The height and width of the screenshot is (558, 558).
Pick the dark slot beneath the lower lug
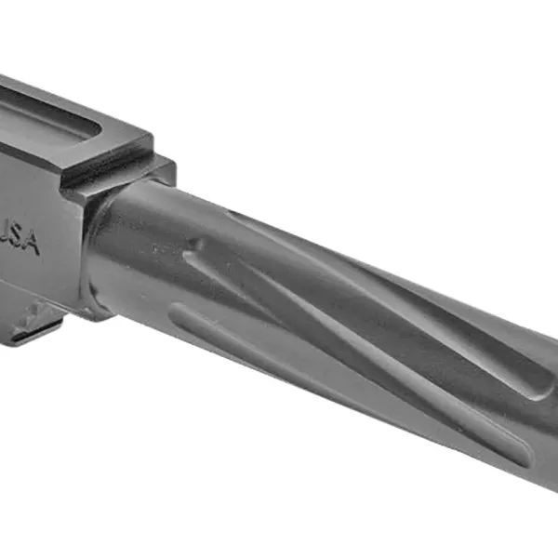[x=37, y=328]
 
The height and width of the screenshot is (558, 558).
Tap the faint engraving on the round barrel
[x=163, y=249]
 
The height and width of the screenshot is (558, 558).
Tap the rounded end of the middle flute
[x=521, y=455]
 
